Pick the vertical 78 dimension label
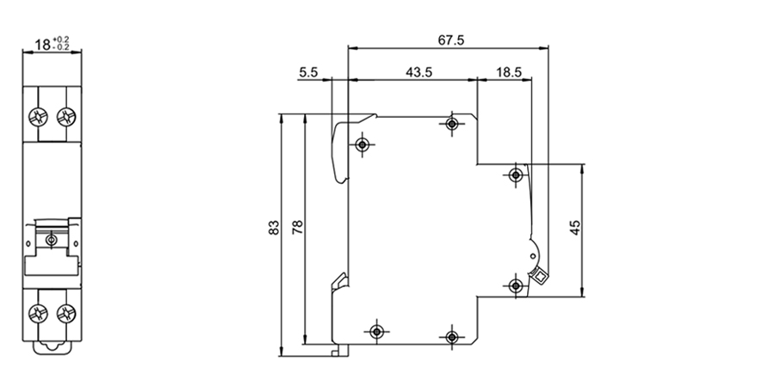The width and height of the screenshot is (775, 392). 298,228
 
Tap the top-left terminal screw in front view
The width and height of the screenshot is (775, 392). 38,116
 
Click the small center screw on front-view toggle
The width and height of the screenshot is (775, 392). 52,240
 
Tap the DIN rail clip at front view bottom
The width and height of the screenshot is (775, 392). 52,348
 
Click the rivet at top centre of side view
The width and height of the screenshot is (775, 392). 451,125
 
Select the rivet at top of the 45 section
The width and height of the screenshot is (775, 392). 515,175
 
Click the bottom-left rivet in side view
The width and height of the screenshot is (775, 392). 375,330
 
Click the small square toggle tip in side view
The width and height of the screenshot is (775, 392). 540,277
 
